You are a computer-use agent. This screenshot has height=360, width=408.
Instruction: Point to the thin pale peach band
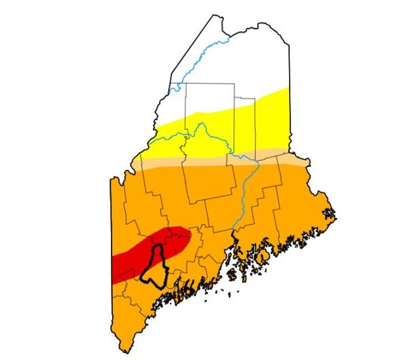(204, 162)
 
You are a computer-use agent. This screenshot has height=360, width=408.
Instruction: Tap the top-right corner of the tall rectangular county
(235, 84)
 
